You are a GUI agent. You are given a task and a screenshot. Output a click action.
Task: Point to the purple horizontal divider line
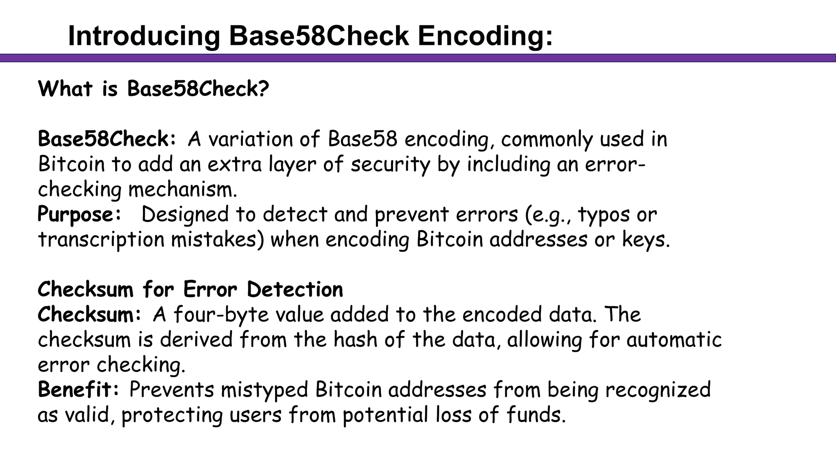tap(418, 58)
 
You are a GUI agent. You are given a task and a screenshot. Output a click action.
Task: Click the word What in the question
tap(65, 89)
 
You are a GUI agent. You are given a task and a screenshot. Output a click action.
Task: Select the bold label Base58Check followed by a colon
tap(107, 139)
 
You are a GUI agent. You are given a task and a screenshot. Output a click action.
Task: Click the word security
tap(390, 164)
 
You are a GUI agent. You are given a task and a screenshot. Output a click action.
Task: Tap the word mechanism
tap(182, 190)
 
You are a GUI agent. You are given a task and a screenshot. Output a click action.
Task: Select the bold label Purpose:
tap(79, 215)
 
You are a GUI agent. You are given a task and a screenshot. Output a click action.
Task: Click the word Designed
tap(185, 215)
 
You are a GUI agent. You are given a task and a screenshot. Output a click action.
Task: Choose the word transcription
tap(101, 240)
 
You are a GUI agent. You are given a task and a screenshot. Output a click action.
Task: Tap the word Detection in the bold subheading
tap(295, 290)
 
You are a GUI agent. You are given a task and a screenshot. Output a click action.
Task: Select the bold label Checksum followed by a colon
tap(89, 315)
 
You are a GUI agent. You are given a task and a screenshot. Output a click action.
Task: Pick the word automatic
tap(674, 340)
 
